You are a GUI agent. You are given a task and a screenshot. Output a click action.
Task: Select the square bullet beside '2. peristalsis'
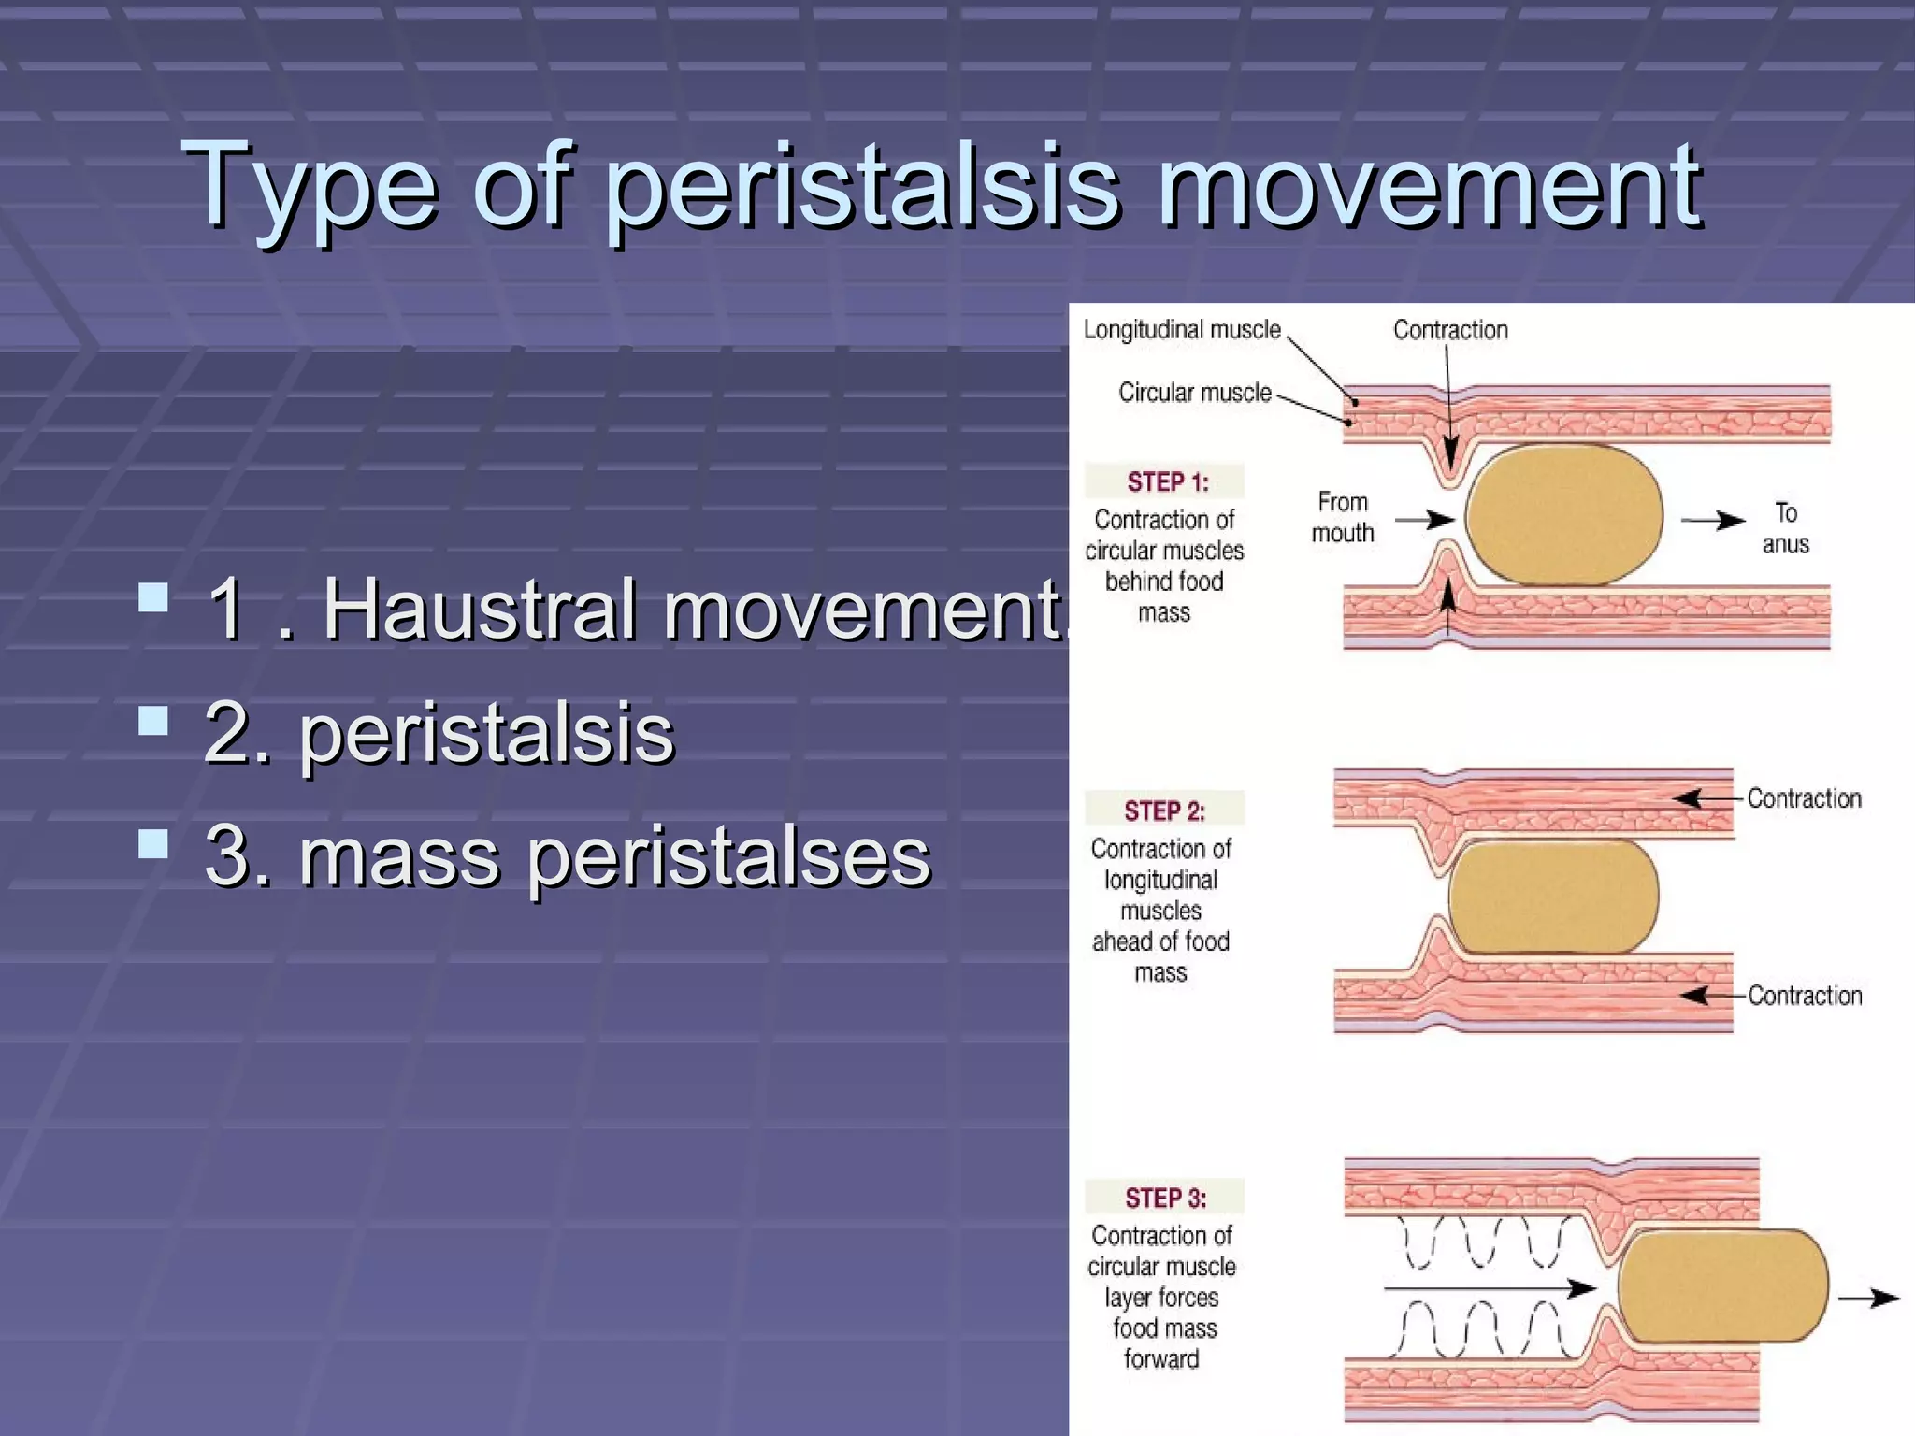coord(153,721)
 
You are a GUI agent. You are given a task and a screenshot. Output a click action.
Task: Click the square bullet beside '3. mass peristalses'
coord(153,844)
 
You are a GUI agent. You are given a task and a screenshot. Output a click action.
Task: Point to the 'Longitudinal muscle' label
coord(1181,330)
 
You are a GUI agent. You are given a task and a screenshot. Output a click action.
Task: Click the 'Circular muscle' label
coord(1194,393)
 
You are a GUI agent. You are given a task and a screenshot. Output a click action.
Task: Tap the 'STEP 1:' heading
coord(1167,482)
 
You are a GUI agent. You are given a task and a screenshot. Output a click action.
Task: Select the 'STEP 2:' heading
coord(1164,811)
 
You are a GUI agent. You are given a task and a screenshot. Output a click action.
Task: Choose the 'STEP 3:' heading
coord(1165,1198)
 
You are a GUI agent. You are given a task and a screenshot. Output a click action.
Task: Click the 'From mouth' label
coord(1342,518)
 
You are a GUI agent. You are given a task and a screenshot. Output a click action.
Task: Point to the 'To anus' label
coord(1785,528)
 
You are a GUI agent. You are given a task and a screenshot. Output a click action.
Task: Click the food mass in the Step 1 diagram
coord(1563,515)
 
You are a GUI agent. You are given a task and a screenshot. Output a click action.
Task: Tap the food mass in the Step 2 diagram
coord(1553,897)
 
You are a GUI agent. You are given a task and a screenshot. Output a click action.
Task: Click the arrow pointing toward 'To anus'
coord(1712,521)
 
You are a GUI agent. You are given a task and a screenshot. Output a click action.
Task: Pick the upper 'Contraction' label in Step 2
coord(1804,798)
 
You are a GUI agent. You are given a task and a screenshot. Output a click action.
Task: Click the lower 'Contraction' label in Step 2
coord(1804,996)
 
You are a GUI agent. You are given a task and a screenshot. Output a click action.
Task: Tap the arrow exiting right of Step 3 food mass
coord(1867,1298)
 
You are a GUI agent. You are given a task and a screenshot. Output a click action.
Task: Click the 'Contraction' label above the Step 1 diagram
coord(1450,330)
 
